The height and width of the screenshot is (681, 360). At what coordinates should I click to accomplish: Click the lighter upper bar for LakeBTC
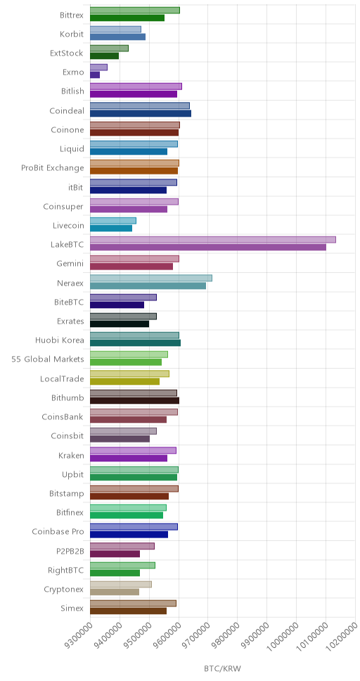click(x=213, y=240)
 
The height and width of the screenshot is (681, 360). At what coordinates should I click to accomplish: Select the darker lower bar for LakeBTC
click(x=208, y=247)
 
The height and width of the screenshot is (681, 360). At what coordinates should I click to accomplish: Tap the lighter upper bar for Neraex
click(x=151, y=278)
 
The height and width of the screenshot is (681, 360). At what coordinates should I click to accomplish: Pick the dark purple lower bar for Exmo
click(x=95, y=75)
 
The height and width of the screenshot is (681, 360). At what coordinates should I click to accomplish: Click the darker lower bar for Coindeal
click(x=141, y=113)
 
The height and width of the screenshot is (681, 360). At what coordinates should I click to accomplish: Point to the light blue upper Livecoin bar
click(x=113, y=221)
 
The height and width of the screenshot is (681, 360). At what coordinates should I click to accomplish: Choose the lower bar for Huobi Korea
click(x=136, y=343)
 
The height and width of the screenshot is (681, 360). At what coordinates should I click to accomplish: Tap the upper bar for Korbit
click(x=115, y=30)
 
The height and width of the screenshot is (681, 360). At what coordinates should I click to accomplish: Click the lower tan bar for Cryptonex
click(x=115, y=592)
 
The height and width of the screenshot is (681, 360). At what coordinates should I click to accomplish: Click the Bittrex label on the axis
click(x=72, y=15)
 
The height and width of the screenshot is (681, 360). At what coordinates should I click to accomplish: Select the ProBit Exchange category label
click(x=53, y=167)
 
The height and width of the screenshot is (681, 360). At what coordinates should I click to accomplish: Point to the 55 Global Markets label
click(x=48, y=359)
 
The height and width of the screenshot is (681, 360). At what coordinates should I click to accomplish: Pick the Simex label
click(x=72, y=608)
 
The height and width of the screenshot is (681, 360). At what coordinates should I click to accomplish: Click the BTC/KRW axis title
click(x=222, y=668)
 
